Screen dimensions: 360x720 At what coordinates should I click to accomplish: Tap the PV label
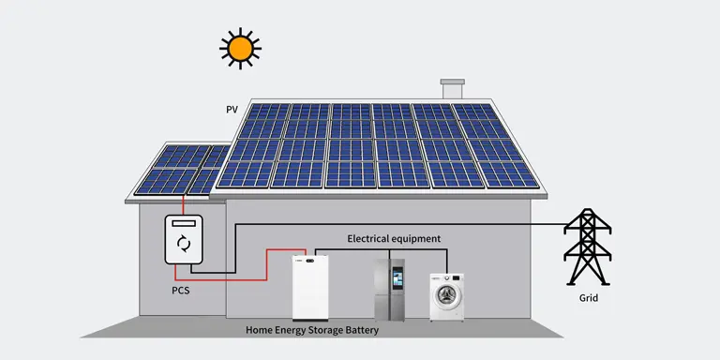[x=232, y=110]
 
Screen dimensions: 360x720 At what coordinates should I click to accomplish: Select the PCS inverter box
[x=184, y=241]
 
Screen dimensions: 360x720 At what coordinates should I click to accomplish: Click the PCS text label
[x=183, y=291]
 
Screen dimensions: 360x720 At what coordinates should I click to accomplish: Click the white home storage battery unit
[x=312, y=287]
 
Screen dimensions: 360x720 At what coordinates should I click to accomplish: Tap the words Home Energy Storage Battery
[x=312, y=330]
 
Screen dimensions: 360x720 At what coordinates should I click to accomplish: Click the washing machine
[x=446, y=296]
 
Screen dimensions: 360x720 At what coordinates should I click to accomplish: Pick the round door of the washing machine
[x=446, y=301]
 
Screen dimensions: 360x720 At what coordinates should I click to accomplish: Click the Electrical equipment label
[x=394, y=239]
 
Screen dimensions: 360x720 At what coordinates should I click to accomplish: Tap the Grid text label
[x=588, y=299]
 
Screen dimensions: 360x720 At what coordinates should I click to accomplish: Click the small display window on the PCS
[x=184, y=225]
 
